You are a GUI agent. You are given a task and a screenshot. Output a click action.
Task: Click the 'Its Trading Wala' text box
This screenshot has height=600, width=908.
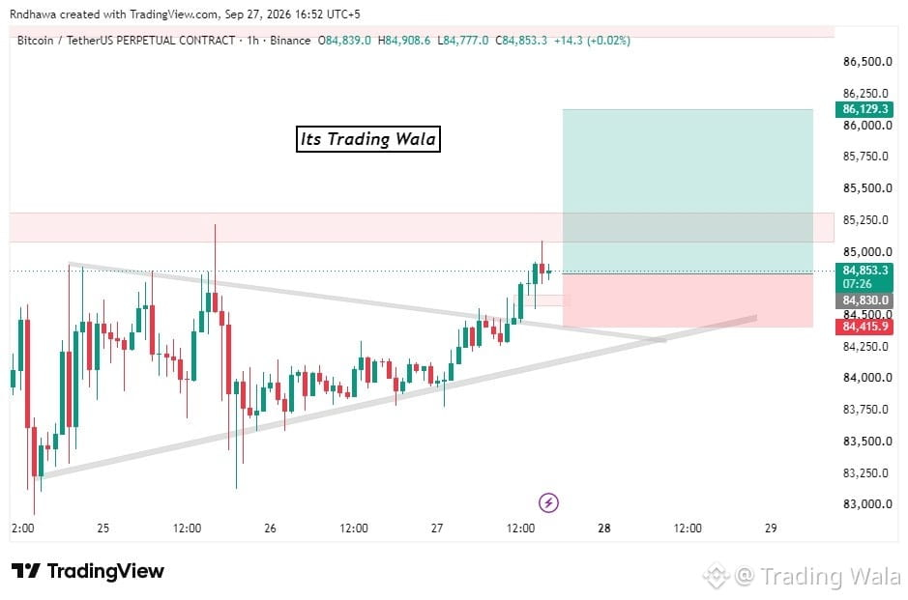coord(368,139)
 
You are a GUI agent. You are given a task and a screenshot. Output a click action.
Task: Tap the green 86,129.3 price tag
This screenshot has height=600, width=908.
coord(864,109)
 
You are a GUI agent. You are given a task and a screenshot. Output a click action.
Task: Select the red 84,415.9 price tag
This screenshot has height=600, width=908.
coord(864,327)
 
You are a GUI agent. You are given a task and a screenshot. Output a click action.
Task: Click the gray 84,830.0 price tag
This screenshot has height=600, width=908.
coord(864,300)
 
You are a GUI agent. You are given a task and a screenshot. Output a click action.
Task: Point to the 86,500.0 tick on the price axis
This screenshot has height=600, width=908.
coord(866,62)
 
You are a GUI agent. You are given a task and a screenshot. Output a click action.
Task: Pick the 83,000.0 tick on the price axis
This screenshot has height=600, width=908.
coord(866,504)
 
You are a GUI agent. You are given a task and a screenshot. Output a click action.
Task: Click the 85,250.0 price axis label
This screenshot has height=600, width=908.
coord(865,220)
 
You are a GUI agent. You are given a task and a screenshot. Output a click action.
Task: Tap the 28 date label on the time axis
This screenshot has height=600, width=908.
coord(604,528)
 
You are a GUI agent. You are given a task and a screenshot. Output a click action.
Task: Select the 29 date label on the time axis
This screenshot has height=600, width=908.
coord(771,528)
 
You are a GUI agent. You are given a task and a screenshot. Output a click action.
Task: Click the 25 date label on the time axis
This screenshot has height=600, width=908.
coord(103,528)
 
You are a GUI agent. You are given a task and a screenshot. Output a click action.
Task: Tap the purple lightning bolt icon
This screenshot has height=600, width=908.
coord(548,502)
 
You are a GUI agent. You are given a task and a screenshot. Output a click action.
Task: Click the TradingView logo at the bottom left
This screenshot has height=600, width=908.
coord(88,571)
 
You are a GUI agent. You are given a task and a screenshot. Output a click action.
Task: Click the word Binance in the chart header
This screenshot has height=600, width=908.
coord(290,41)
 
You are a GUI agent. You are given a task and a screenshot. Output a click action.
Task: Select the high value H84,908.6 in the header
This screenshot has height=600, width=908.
coord(404,41)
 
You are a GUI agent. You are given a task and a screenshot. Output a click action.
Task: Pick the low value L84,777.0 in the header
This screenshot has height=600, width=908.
coord(462,41)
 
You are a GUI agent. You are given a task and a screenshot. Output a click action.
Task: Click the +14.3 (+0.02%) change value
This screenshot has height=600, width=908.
coord(592,41)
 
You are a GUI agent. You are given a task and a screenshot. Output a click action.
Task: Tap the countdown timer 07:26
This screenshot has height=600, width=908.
coord(857,284)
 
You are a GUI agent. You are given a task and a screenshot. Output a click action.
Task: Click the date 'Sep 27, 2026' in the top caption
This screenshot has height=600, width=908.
coord(258,14)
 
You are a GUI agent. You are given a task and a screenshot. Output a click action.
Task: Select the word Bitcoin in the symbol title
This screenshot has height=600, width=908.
coord(36,41)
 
